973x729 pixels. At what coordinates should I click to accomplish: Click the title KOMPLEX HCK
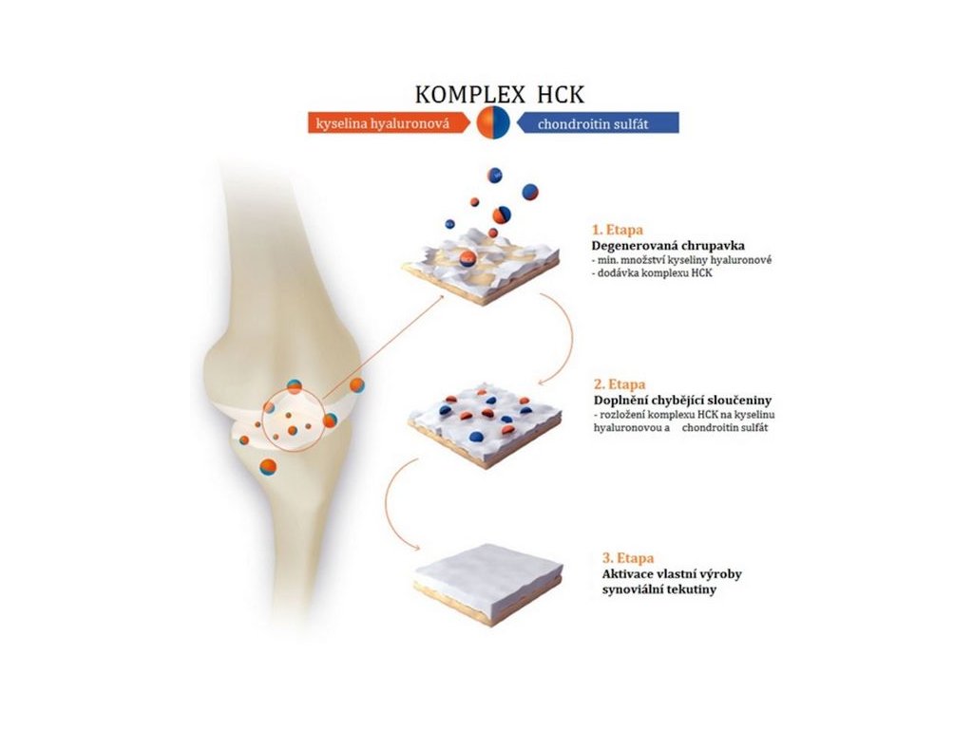point(499,95)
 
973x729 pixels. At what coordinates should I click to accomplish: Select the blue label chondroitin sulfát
point(594,123)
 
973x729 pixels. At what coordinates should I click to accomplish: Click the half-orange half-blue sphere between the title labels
point(493,122)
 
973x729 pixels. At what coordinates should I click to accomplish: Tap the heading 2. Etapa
point(620,385)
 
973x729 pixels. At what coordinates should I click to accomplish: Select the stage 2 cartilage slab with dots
point(486,423)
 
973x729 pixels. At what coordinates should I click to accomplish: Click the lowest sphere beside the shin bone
point(270,466)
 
